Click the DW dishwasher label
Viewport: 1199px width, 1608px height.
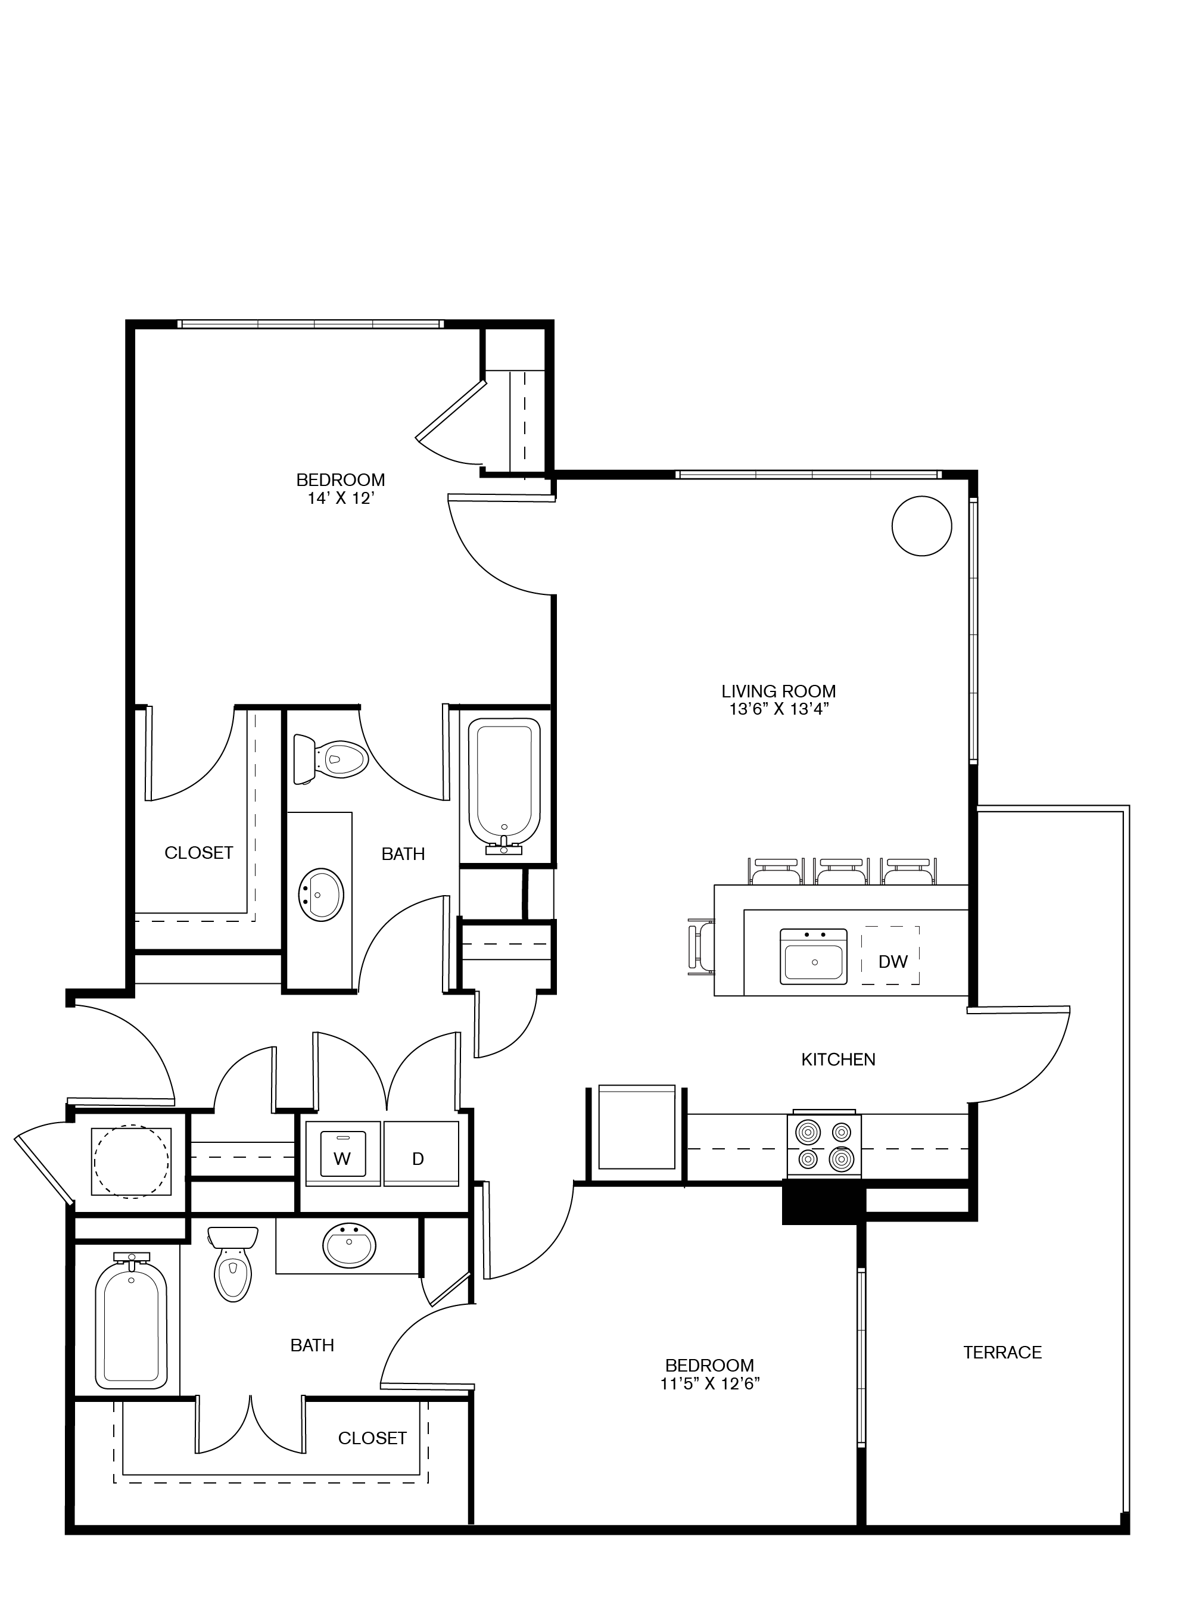point(892,961)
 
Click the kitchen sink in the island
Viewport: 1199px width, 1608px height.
point(813,956)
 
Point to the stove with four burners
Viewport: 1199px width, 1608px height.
point(824,1146)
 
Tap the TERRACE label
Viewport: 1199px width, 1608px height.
point(1002,1352)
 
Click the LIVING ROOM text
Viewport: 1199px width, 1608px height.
point(778,691)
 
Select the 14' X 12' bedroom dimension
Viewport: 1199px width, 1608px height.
point(340,498)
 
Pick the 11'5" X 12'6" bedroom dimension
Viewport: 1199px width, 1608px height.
point(709,1384)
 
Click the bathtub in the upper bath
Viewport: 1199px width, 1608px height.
point(504,780)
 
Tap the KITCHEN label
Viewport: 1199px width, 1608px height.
point(837,1059)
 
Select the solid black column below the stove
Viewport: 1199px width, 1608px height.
point(823,1202)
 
